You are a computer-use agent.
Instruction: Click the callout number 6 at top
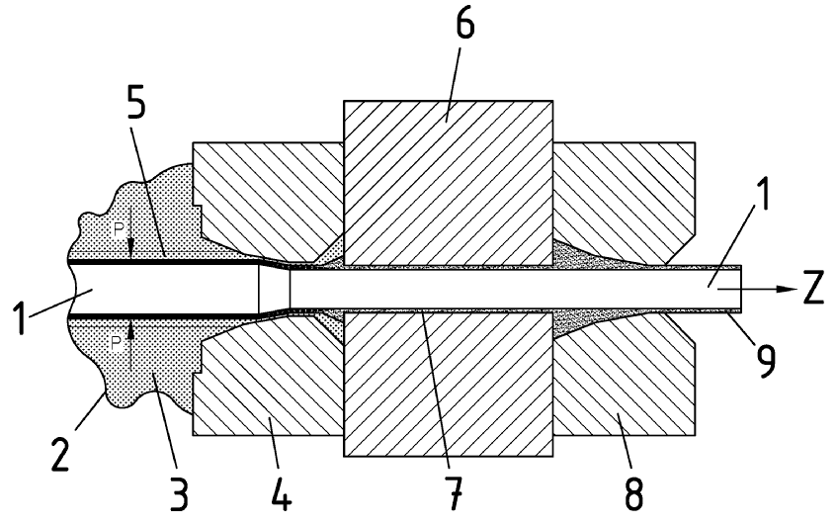pyautogui.click(x=464, y=24)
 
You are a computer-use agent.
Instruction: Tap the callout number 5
pyautogui.click(x=136, y=102)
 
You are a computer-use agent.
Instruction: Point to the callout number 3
pyautogui.click(x=179, y=493)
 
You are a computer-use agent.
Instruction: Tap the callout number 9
pyautogui.click(x=765, y=362)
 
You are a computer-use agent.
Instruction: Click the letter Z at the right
pyautogui.click(x=814, y=289)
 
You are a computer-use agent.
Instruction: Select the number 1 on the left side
pyautogui.click(x=20, y=317)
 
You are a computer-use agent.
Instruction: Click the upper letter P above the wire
pyautogui.click(x=119, y=230)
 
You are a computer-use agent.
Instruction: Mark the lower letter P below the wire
pyautogui.click(x=117, y=343)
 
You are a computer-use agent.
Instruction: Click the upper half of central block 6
pyautogui.click(x=448, y=183)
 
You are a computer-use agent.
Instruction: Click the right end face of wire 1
pyautogui.click(x=741, y=289)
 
